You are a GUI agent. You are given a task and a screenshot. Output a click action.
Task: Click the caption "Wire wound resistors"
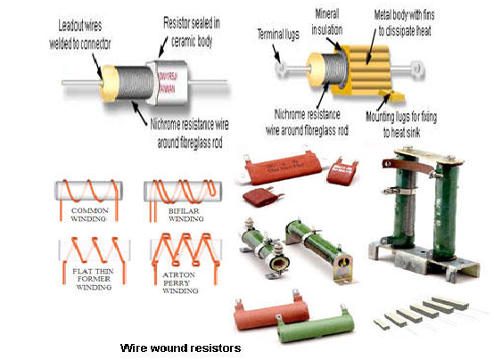click(180, 347)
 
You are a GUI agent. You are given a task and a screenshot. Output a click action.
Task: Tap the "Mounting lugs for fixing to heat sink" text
click(424, 123)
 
